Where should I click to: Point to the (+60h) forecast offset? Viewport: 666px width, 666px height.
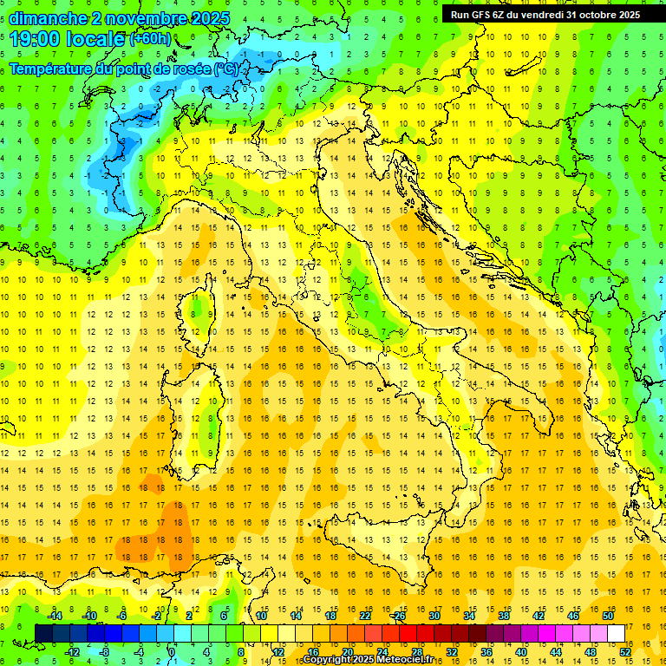[x=150, y=39]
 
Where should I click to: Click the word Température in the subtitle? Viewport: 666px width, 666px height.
[x=52, y=69]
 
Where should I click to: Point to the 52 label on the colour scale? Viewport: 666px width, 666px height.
[x=624, y=652]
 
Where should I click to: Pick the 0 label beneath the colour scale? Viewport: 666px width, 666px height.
[x=172, y=652]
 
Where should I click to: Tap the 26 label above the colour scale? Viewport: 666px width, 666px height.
[x=399, y=616]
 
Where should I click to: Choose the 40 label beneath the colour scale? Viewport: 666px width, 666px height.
[x=521, y=652]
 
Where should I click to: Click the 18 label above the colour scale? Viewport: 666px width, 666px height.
[x=330, y=616]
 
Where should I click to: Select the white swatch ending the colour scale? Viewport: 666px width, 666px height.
[x=617, y=633]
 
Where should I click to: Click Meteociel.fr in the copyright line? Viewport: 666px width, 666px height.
[x=411, y=660]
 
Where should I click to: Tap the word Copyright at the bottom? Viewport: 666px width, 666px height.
[x=328, y=660]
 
